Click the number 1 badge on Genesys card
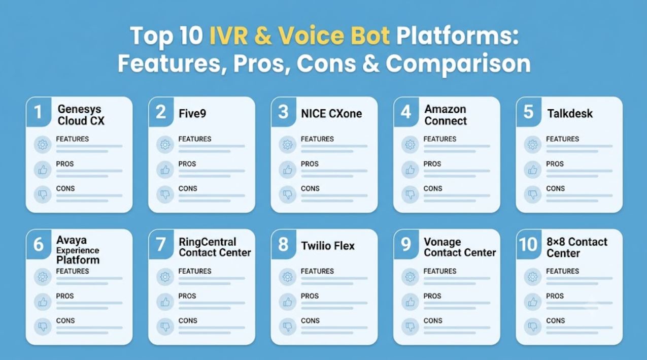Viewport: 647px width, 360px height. [38, 112]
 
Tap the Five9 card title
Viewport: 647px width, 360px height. [192, 114]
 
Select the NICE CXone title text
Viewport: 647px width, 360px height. [331, 114]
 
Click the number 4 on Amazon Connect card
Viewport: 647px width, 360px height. [406, 112]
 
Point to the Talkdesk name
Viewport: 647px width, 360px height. [570, 114]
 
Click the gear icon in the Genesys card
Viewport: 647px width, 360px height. [43, 145]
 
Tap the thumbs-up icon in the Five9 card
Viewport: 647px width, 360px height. [165, 170]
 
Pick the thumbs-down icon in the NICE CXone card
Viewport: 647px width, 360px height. [287, 194]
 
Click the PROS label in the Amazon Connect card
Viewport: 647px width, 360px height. [432, 164]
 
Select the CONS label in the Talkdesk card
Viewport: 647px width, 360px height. [555, 189]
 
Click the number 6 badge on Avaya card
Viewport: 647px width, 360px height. [39, 244]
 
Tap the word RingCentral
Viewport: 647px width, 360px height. [208, 242]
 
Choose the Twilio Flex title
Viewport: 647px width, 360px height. [328, 246]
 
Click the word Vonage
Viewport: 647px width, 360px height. [442, 242]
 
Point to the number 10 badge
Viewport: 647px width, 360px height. [529, 244]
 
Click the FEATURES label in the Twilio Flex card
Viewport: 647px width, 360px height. [317, 271]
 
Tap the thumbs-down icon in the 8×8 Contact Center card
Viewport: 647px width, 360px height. [533, 326]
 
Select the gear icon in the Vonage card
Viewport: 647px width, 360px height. [410, 277]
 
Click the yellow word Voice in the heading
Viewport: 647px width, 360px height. [311, 36]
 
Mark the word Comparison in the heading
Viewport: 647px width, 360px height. [458, 64]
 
